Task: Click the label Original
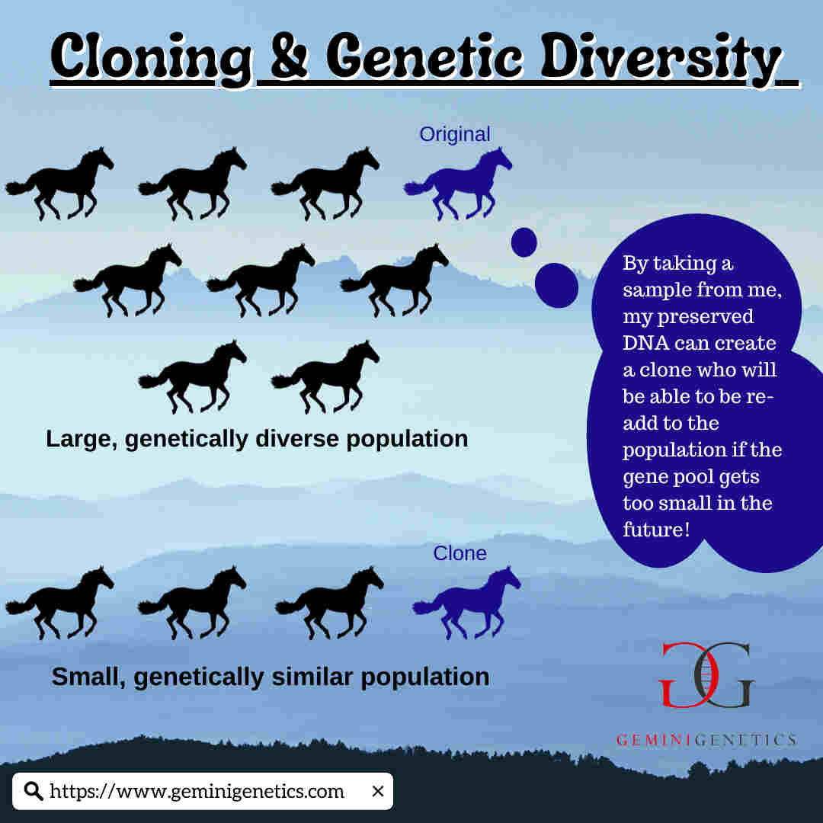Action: [x=455, y=134]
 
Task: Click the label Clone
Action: [x=460, y=553]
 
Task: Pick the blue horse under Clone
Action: [x=466, y=603]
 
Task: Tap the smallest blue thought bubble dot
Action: [x=524, y=242]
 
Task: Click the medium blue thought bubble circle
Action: [x=556, y=286]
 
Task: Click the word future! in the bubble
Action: [x=656, y=529]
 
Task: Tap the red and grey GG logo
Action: [x=706, y=675]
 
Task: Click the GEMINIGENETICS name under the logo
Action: [x=706, y=740]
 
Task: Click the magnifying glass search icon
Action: [x=34, y=790]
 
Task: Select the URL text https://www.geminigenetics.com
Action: [x=197, y=791]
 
